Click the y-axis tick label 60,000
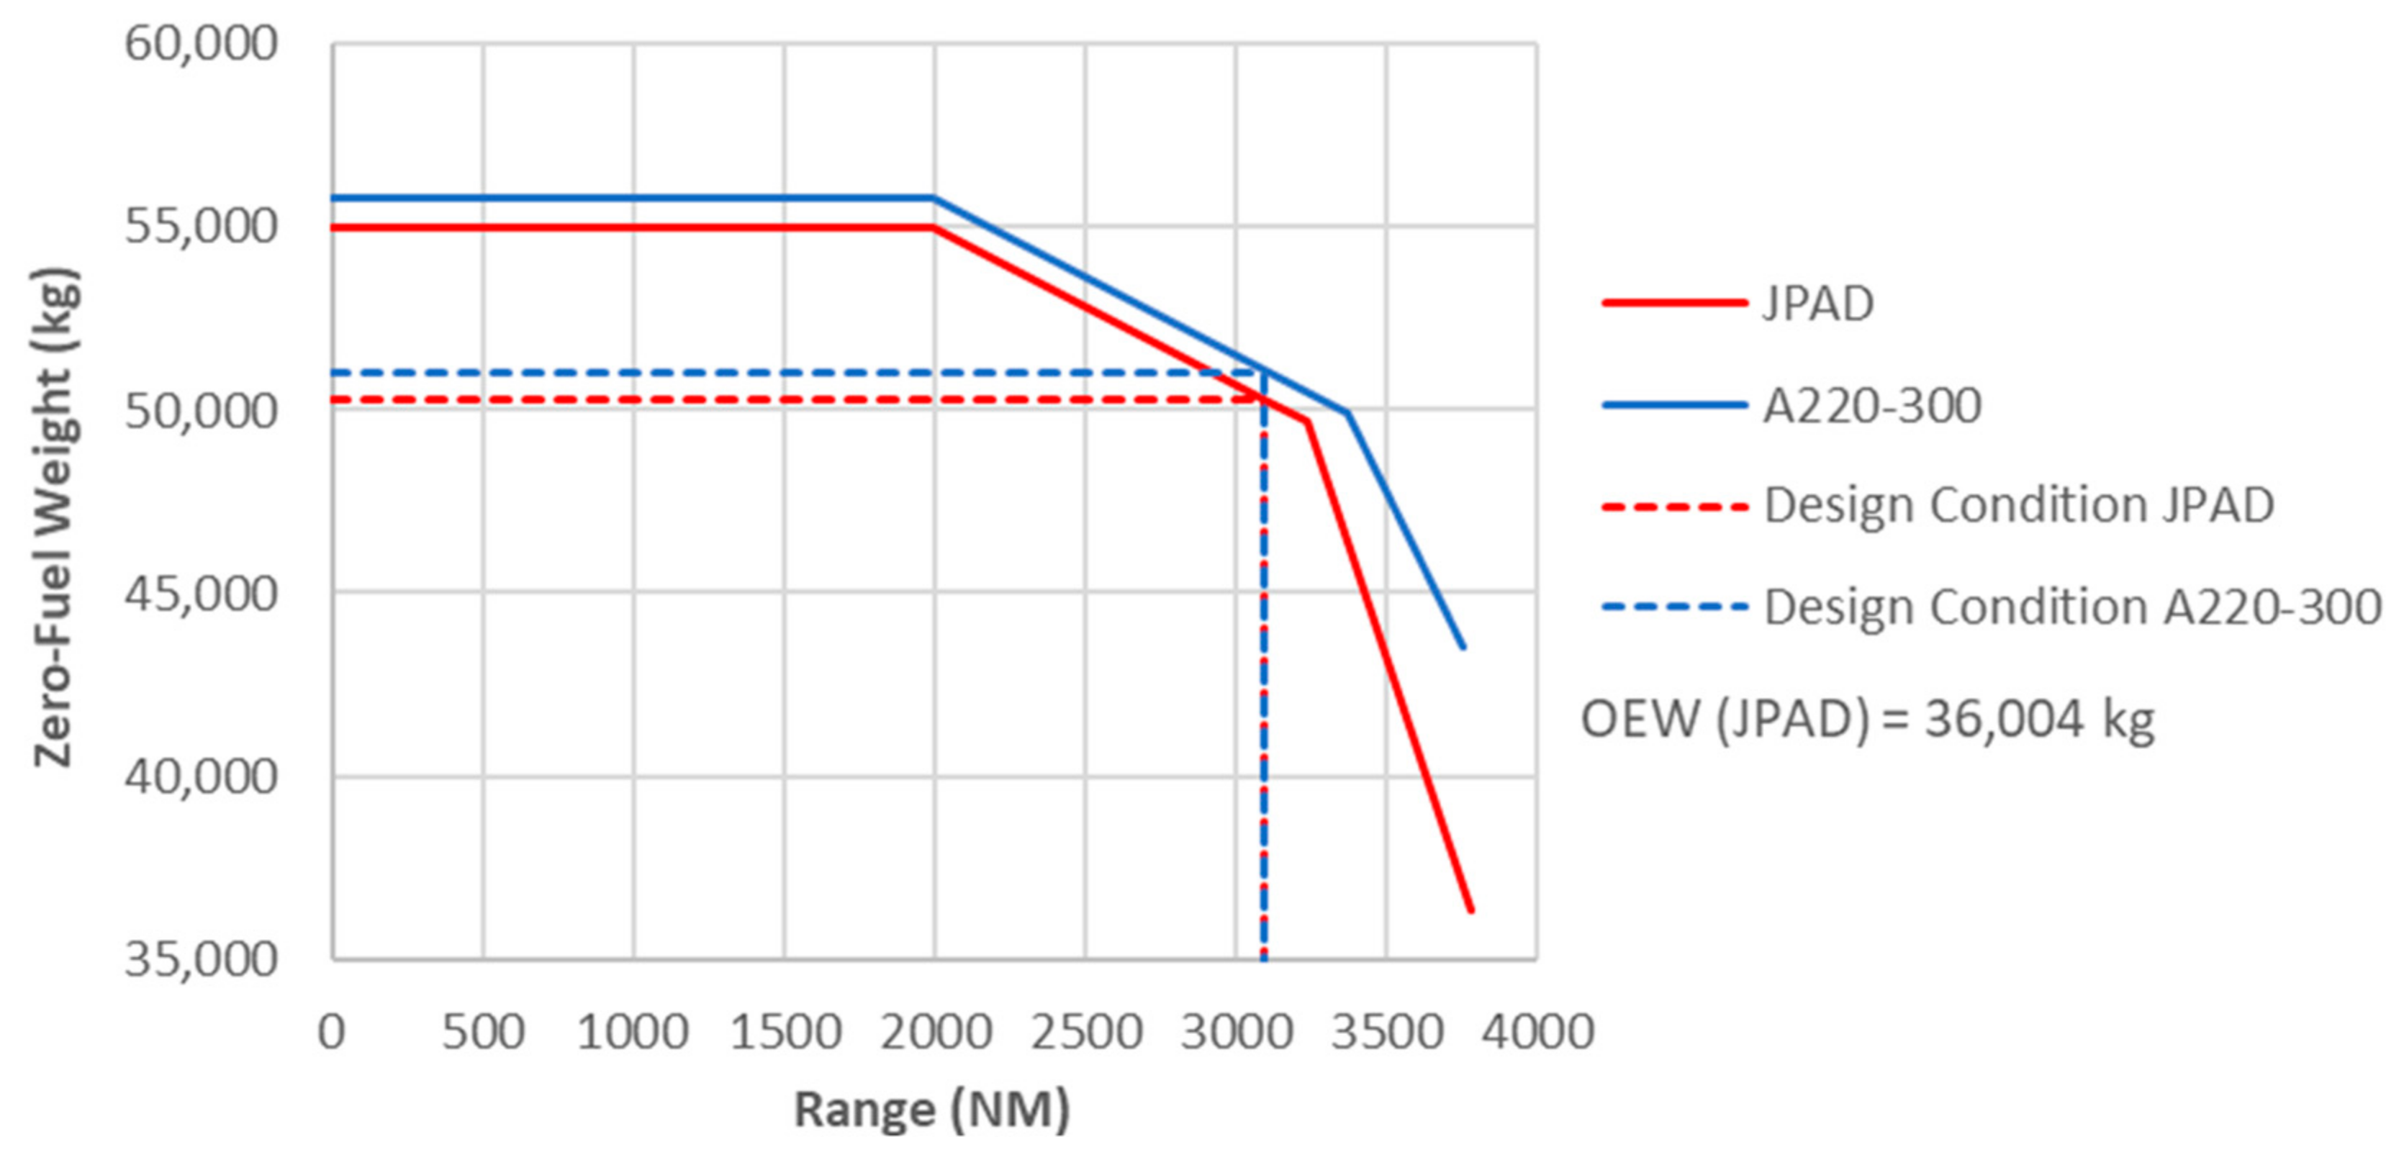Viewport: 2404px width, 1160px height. tap(201, 44)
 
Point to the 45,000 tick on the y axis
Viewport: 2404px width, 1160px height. tap(201, 594)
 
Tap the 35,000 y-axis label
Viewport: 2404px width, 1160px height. tap(201, 959)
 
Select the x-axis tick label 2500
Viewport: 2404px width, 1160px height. tap(1086, 1032)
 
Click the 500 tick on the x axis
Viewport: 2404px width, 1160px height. tap(484, 1032)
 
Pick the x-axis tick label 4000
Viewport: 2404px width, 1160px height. tap(1537, 1032)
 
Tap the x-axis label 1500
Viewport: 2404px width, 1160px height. tap(785, 1032)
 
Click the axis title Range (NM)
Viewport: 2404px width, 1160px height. tap(931, 1110)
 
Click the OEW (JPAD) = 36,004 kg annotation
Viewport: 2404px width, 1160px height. tap(1867, 720)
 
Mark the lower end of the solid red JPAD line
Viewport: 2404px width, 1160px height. tap(1470, 910)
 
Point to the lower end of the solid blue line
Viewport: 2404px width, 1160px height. tap(1463, 647)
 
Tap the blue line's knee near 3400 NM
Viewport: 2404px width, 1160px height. tap(1347, 412)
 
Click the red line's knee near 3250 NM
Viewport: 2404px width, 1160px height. tap(1308, 422)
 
